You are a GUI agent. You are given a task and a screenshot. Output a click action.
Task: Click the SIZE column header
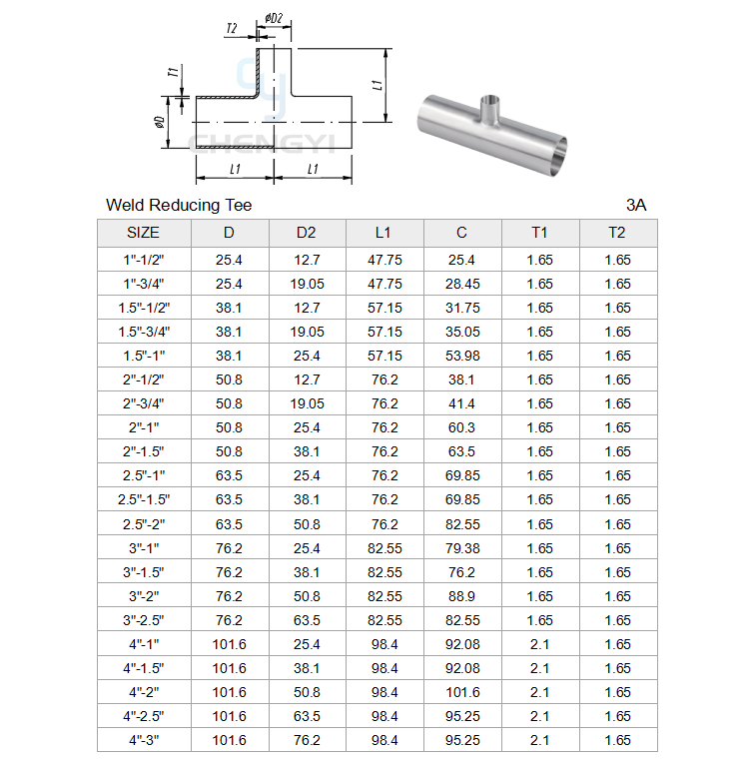[143, 233]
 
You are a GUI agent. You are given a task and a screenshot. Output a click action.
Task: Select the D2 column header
[307, 233]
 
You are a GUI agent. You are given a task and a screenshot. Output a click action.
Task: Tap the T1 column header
[539, 233]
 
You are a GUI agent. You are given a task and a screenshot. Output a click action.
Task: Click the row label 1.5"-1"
[144, 356]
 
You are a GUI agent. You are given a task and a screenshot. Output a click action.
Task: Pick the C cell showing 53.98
[462, 356]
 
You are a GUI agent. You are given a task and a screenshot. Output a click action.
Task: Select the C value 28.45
[462, 284]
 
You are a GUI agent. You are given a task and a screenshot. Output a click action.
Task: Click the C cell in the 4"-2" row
[462, 692]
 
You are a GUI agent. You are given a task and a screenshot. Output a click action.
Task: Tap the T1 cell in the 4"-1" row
[539, 644]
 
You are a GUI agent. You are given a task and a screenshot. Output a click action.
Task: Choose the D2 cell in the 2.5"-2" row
[307, 524]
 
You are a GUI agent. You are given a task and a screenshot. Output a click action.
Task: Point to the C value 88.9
[461, 596]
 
